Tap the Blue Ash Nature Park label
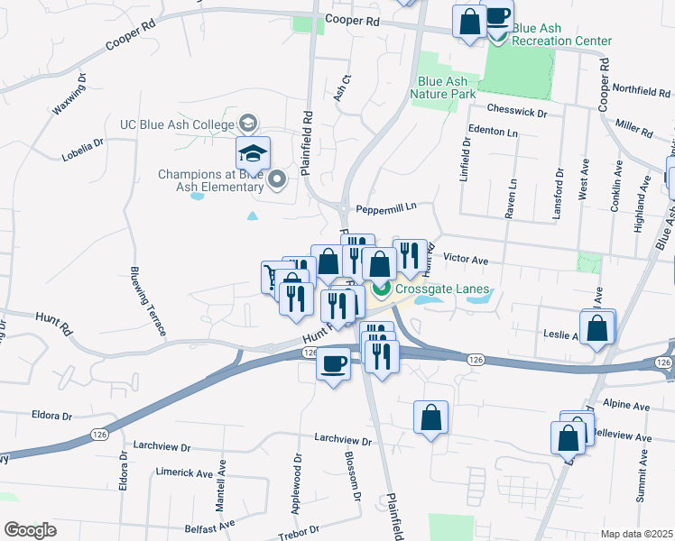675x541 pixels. [x=442, y=87]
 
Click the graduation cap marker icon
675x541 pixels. [x=254, y=151]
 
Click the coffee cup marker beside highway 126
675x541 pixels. [x=333, y=364]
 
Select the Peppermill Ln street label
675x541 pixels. [x=385, y=206]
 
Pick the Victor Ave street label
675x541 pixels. [x=466, y=261]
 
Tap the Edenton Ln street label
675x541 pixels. [x=495, y=132]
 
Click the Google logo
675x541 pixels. [x=30, y=530]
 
